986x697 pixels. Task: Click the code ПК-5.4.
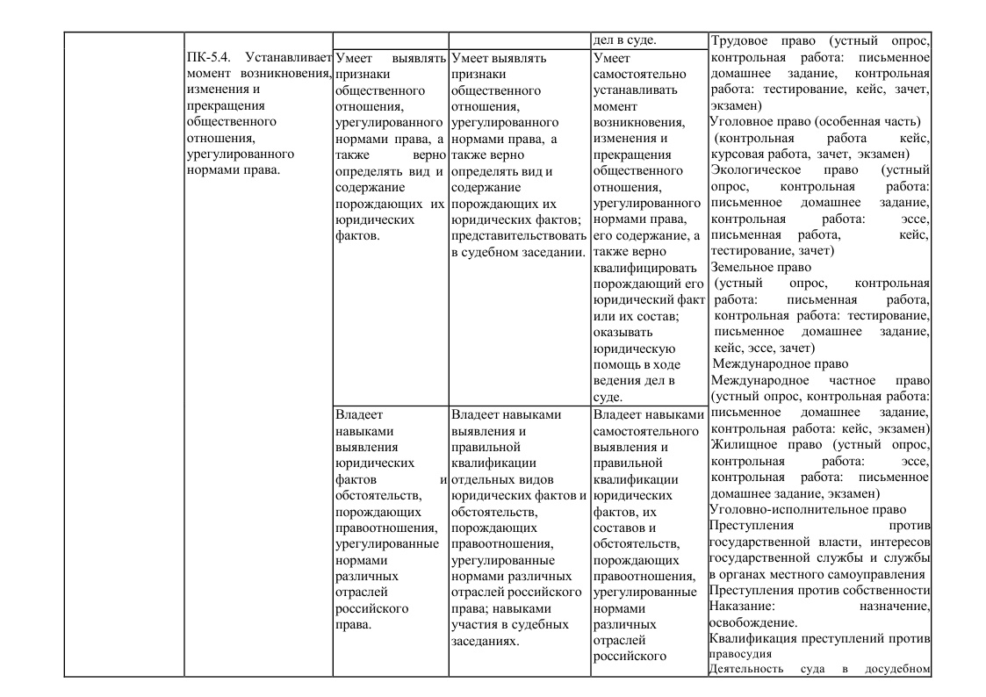click(x=207, y=58)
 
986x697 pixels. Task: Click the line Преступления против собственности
click(x=818, y=589)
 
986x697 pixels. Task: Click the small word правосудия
click(x=740, y=654)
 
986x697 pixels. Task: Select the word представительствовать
click(x=517, y=236)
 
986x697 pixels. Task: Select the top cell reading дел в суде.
click(x=625, y=40)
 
